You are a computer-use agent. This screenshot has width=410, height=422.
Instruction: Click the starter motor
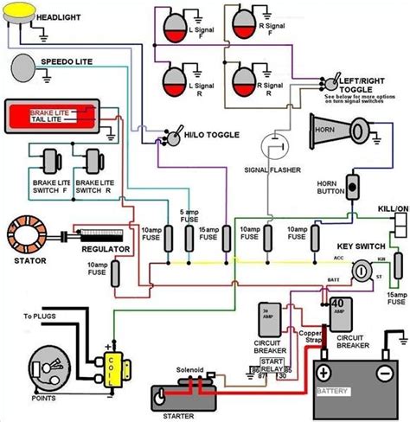coord(181,397)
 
